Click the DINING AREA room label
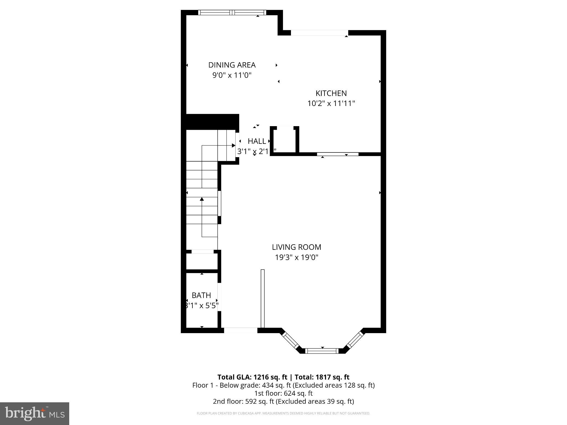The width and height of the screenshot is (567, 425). coord(232,65)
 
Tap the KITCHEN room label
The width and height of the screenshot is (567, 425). coord(331,93)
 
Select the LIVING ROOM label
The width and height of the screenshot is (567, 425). coord(297,247)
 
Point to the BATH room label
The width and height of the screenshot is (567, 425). coord(201,295)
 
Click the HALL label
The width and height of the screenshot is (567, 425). coord(257,141)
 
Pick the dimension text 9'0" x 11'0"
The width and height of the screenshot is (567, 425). coord(232,75)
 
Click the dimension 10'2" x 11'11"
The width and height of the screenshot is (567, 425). coord(331,103)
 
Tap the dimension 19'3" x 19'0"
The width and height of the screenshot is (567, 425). coord(297,258)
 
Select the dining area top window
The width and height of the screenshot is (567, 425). coord(232,12)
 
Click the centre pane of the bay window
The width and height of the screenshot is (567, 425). coord(322,351)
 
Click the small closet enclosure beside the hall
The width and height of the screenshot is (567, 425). coord(285,140)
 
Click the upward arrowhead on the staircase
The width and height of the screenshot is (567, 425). coord(202,199)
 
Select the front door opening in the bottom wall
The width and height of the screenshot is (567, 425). coord(241,330)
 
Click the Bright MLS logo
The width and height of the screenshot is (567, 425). coord(35,413)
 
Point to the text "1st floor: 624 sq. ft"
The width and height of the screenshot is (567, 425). coord(283,393)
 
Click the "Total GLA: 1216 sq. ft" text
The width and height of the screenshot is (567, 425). coord(252,377)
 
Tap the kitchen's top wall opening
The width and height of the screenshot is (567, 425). coord(319,33)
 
